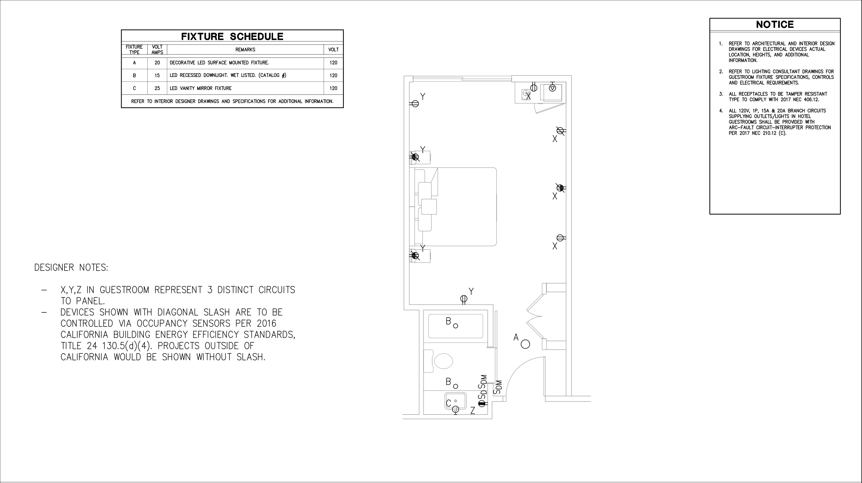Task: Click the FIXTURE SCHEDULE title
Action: point(232,36)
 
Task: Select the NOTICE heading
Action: point(775,24)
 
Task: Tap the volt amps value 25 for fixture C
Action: point(157,88)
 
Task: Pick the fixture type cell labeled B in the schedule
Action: point(134,76)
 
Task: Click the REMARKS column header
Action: point(245,50)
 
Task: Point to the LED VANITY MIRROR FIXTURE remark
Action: point(201,88)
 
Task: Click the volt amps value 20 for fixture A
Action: point(157,63)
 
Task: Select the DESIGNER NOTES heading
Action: point(71,267)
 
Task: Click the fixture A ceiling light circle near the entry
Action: point(525,344)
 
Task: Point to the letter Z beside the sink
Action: point(473,411)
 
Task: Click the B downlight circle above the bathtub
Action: point(456,326)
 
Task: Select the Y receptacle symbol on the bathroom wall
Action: point(464,299)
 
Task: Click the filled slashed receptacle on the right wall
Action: point(560,188)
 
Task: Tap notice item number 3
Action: point(721,94)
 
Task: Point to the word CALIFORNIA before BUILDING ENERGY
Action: point(84,335)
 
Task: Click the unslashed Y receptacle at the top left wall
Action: point(415,104)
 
